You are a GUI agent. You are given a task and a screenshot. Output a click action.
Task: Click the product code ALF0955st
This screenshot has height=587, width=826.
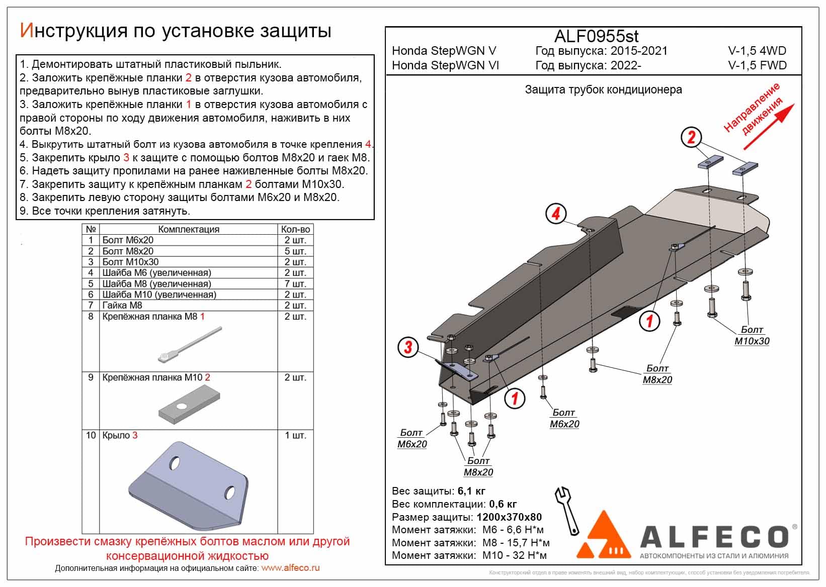(596, 36)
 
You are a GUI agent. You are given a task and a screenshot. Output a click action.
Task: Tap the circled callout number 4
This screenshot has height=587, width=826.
(555, 214)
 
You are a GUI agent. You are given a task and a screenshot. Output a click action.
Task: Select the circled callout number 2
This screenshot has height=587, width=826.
(691, 137)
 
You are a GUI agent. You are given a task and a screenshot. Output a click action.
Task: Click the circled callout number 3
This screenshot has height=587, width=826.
(408, 347)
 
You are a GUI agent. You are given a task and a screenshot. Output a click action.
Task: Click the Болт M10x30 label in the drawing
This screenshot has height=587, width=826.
(752, 335)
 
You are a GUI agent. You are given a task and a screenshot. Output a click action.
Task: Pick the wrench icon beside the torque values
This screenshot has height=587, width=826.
(567, 510)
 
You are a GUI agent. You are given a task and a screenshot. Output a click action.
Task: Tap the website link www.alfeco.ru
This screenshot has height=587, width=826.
(291, 568)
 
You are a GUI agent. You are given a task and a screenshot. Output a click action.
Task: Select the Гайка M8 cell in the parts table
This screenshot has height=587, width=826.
(122, 306)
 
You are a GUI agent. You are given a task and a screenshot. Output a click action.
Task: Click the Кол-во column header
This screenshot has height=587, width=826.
(295, 229)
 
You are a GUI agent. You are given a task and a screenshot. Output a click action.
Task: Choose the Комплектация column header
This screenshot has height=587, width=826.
(189, 229)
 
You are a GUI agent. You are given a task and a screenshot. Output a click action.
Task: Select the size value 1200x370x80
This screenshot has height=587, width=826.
(509, 517)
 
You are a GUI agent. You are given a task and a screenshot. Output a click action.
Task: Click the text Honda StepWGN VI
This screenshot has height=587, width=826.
(445, 65)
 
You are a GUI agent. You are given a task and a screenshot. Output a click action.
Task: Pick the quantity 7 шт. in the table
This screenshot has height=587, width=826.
(295, 284)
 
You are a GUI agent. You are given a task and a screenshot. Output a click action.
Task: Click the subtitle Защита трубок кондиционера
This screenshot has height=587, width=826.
(603, 90)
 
